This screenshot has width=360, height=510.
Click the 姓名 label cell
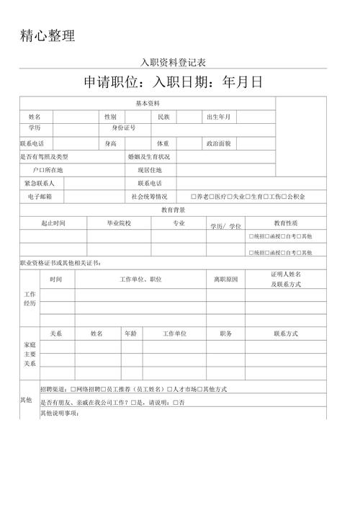pyautogui.click(x=35, y=117)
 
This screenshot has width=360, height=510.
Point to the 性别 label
pyautogui.click(x=110, y=117)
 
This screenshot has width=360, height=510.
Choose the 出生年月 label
pyautogui.click(x=219, y=117)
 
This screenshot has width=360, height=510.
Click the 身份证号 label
pyautogui.click(x=123, y=128)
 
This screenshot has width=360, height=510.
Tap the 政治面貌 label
pyautogui.click(x=219, y=143)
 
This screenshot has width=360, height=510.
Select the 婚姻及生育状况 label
pyautogui.click(x=149, y=156)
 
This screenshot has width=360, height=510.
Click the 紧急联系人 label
pyautogui.click(x=40, y=183)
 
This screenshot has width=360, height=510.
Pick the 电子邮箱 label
pyautogui.click(x=40, y=196)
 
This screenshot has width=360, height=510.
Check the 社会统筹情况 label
pyautogui.click(x=149, y=196)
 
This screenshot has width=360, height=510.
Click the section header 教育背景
pyautogui.click(x=173, y=210)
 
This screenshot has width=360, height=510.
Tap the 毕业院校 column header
pyautogui.click(x=119, y=223)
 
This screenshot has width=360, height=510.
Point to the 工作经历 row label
pyautogui.click(x=30, y=300)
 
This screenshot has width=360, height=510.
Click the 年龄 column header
pyautogui.click(x=130, y=334)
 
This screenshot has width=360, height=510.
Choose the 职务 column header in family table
pyautogui.click(x=225, y=334)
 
